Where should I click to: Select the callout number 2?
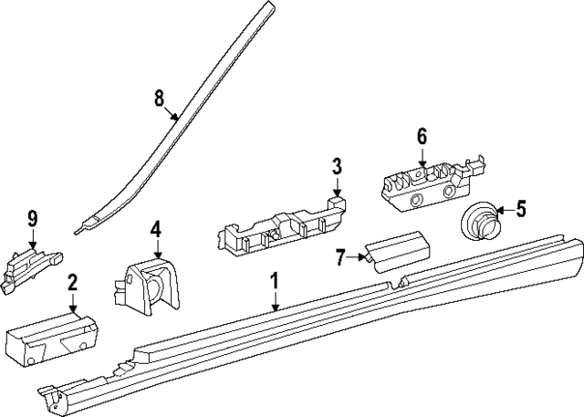click(x=72, y=283)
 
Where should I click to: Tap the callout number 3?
click(x=336, y=166)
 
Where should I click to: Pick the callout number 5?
click(x=520, y=209)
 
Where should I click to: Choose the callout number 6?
click(x=422, y=136)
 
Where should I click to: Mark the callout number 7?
click(x=340, y=258)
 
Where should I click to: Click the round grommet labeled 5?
click(x=479, y=220)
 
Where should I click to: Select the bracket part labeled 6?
click(x=424, y=182)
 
